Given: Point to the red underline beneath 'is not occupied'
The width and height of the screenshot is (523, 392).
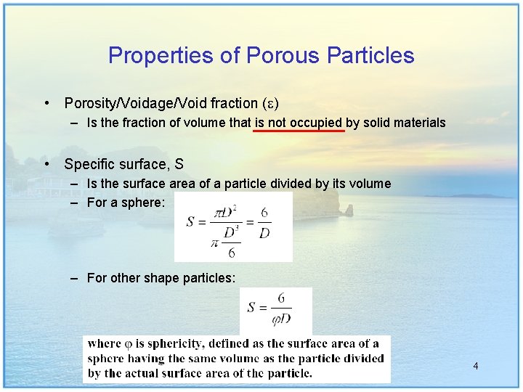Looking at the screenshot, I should click(x=299, y=132).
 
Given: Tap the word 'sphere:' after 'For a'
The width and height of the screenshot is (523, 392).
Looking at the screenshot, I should click(x=145, y=203).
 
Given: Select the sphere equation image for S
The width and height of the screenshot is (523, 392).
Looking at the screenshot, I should click(x=233, y=226).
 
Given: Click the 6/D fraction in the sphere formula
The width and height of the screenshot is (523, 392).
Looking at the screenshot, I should click(x=265, y=221).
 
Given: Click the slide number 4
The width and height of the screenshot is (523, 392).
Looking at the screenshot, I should click(x=475, y=366).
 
